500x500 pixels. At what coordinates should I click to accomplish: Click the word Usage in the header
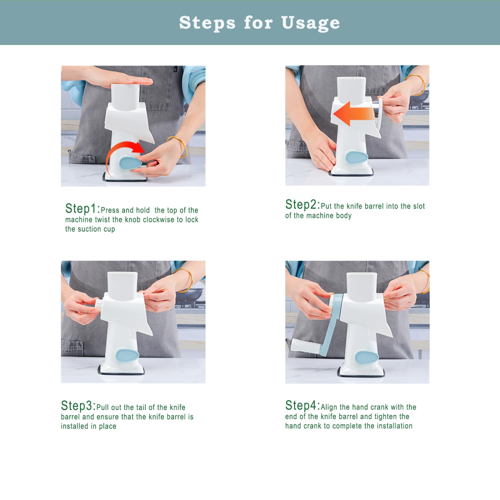point(310,23)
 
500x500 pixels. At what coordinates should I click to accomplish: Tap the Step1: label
point(83,209)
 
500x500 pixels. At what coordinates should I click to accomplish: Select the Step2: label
point(303,204)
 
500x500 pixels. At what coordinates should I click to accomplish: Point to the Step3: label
point(78,406)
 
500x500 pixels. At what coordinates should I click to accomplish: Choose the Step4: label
point(303,405)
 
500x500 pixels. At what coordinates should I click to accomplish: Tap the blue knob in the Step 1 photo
point(130,163)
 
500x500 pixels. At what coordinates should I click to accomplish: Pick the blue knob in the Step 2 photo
point(357,157)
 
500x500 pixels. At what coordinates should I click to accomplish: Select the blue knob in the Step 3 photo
point(128,356)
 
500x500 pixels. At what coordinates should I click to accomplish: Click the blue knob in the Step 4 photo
point(367,357)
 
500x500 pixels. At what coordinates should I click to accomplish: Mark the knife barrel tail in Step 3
point(99,304)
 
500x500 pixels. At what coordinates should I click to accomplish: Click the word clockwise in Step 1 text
point(159,220)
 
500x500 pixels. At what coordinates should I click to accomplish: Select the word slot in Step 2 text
point(419,206)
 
